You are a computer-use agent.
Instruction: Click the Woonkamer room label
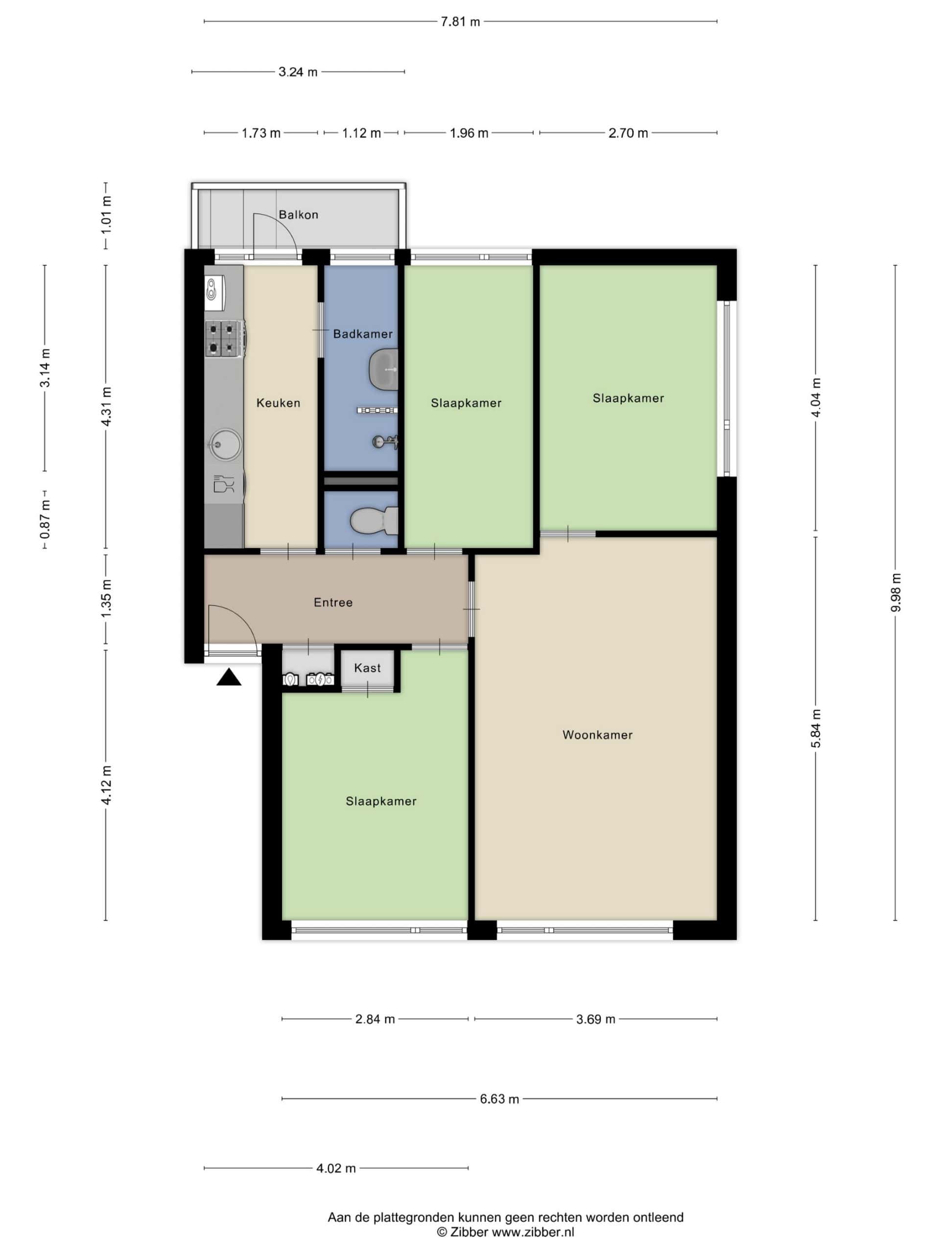[597, 735]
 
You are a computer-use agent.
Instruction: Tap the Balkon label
[299, 215]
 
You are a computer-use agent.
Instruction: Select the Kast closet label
[367, 668]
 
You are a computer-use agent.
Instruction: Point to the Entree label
[333, 603]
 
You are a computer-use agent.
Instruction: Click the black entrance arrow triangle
[229, 677]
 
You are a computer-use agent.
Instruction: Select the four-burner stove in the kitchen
[225, 339]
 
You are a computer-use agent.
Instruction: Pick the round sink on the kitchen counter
[225, 444]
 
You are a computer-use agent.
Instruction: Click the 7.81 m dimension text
[460, 22]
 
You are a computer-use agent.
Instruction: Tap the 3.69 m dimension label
[595, 1020]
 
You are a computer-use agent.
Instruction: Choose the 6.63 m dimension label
[499, 1099]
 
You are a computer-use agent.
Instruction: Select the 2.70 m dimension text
[628, 133]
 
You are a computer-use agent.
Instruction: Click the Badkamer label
[363, 334]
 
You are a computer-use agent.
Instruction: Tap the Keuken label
[278, 403]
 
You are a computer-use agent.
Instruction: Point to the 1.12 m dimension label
[361, 133]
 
